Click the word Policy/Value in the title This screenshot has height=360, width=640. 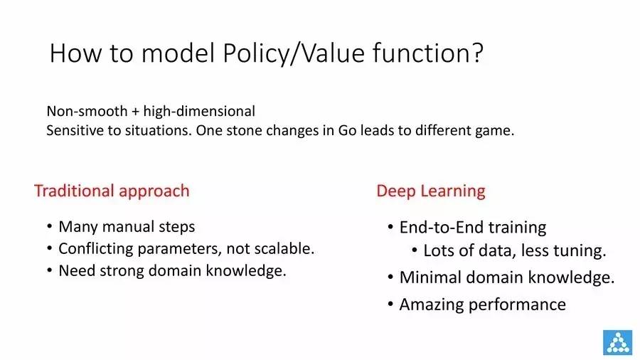(x=294, y=53)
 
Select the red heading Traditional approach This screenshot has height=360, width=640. (x=112, y=191)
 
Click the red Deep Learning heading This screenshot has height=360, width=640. (x=431, y=191)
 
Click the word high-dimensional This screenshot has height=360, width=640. (x=199, y=112)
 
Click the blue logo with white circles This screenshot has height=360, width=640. (x=617, y=342)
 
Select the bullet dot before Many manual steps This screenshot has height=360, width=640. (x=49, y=226)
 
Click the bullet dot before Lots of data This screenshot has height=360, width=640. (x=415, y=250)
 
